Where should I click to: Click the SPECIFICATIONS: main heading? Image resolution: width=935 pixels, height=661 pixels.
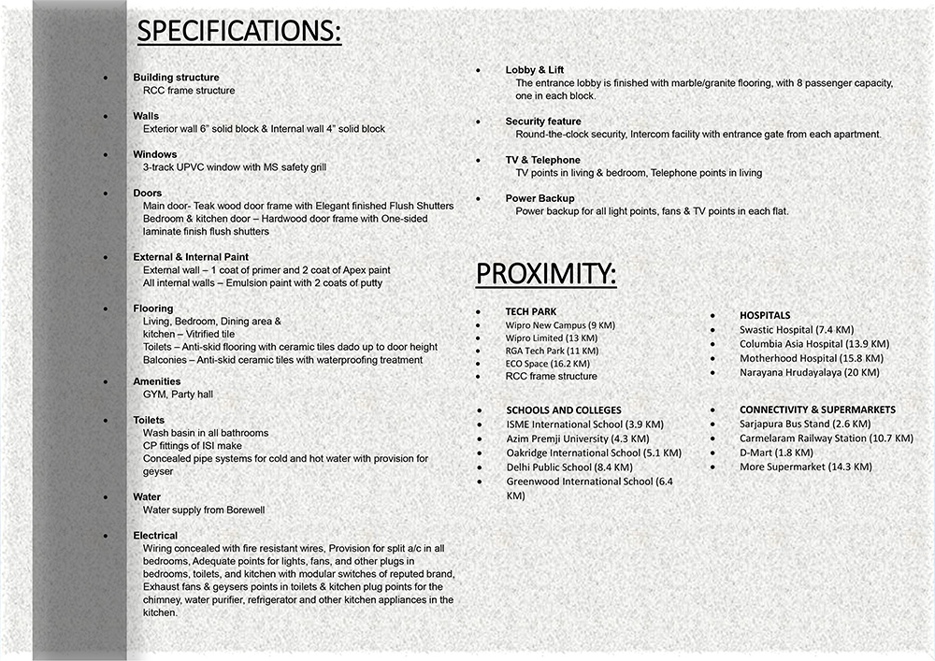pos(239,32)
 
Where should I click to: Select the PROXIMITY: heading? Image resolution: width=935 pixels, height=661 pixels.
pos(546,274)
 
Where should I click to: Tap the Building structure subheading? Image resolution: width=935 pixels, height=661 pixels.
pos(176,78)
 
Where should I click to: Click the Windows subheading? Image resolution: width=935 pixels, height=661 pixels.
pos(154,154)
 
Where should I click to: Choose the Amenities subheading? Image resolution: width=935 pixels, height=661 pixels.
pos(157,381)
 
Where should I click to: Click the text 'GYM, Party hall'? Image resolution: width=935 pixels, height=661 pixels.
pos(178,395)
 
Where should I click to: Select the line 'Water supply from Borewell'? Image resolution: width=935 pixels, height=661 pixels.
pos(204,510)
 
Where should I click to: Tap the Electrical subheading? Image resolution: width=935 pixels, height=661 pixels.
pos(155,536)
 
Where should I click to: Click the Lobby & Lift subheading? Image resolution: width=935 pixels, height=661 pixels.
pos(535,70)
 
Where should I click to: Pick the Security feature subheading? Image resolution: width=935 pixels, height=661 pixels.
pos(543,122)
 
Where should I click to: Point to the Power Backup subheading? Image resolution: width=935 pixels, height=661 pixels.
pos(540,198)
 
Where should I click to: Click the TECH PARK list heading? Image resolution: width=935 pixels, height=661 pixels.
pos(531,311)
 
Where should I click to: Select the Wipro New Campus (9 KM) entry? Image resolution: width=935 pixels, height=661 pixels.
pos(560,325)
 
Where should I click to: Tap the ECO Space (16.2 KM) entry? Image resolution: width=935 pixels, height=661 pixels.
pos(547,364)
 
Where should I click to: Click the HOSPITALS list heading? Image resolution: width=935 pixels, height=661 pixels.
pos(765,316)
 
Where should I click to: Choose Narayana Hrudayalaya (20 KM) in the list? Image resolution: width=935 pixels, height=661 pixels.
pos(809,372)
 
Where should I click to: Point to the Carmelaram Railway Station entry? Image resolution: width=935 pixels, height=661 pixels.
pos(826,438)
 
